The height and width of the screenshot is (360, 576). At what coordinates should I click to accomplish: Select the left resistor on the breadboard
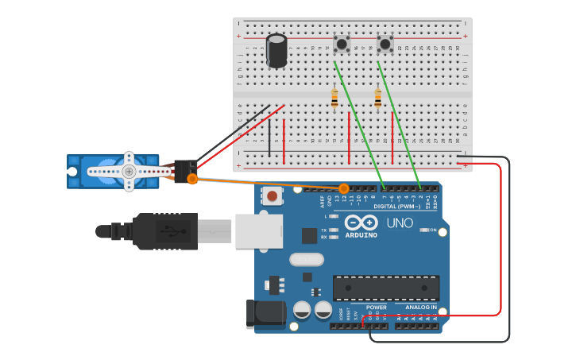coord(334,98)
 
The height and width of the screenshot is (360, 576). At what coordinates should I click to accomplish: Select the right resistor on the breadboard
coord(377,98)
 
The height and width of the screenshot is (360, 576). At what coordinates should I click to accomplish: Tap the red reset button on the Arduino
coord(273,195)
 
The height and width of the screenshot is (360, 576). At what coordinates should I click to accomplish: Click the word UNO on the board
coord(400,223)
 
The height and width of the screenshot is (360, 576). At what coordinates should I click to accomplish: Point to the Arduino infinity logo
coord(361,223)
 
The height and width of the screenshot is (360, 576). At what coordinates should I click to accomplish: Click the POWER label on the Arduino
coord(376,307)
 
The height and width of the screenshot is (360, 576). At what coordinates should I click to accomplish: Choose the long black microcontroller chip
coord(386,287)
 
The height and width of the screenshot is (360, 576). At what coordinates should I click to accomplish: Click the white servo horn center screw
coord(129,171)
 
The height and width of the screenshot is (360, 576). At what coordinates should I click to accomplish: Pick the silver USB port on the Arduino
coord(259,230)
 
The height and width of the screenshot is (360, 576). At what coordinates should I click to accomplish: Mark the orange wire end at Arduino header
coord(344,188)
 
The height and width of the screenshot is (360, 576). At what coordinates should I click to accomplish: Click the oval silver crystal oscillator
coord(306,259)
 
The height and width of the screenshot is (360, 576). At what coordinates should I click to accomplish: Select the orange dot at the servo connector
coord(192,180)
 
